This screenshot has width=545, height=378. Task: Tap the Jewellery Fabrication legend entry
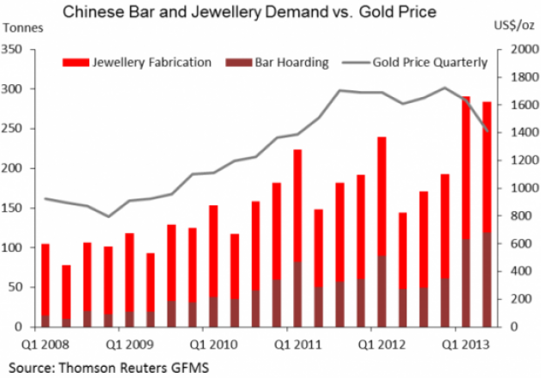pos(138,62)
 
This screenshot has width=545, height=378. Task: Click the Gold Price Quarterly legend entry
pos(416,62)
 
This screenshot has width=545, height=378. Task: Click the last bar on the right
pos(487,215)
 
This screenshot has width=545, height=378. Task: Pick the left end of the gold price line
pos(46,199)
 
